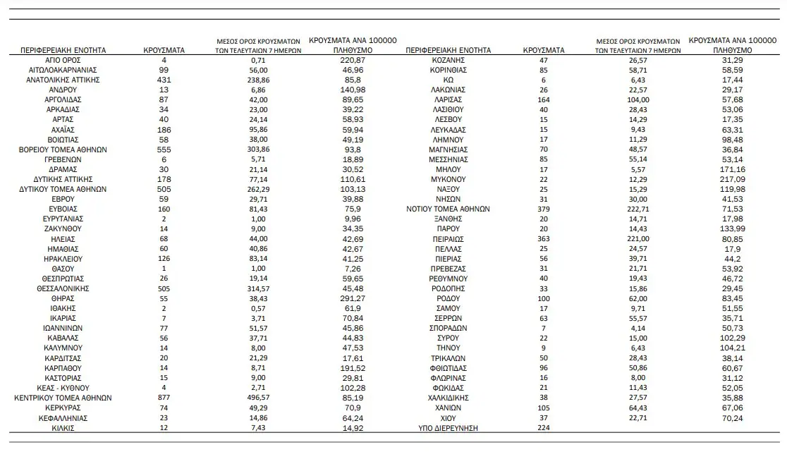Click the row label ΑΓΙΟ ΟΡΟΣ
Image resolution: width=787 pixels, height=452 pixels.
[63, 61]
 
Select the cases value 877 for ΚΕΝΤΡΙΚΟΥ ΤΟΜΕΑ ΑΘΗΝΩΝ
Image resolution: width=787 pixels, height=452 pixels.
[163, 398]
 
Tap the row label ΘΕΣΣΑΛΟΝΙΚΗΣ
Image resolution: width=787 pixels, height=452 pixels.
[63, 288]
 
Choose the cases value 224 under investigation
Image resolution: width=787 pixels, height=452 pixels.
[542, 428]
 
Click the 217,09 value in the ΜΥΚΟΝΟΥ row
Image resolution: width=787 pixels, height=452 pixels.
[731, 180]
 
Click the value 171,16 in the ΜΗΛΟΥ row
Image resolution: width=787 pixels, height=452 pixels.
[731, 170]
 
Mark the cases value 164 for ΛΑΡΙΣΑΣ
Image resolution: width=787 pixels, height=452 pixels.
[542, 100]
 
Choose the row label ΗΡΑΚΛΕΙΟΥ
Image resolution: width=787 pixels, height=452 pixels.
[63, 259]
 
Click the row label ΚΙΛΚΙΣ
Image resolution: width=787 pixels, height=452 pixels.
[63, 428]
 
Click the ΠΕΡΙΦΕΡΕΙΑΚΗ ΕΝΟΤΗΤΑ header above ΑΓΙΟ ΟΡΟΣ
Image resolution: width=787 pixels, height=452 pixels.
[63, 51]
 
